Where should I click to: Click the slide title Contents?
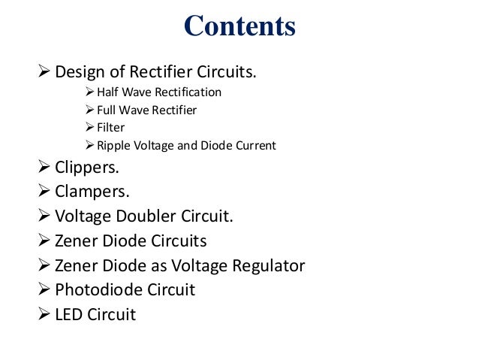tap(239, 27)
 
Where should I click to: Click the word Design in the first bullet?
tap(80, 73)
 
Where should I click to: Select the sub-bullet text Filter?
tap(110, 127)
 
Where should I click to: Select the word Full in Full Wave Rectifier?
tap(107, 110)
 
